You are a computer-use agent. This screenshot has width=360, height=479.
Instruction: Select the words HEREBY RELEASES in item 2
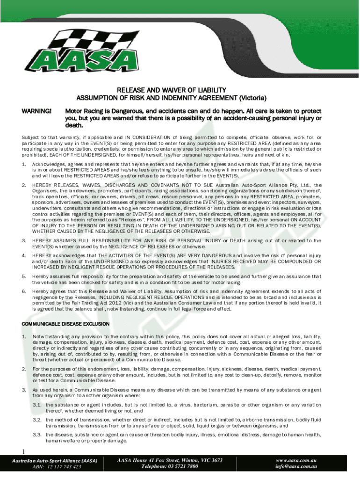click(x=52, y=185)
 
